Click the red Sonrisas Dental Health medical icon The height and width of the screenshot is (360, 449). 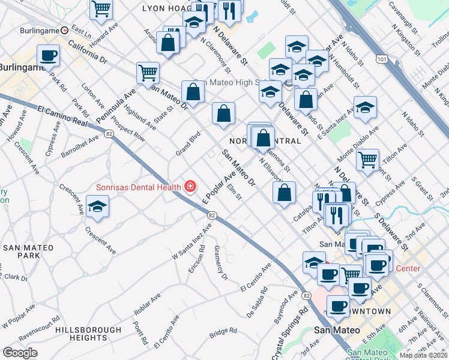(x=190, y=187)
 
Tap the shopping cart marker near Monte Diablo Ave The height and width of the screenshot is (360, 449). (x=367, y=160)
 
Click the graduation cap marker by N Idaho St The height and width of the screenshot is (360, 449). (x=365, y=107)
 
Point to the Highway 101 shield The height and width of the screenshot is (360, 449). (x=381, y=58)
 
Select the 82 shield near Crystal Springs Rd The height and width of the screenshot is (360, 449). (x=307, y=296)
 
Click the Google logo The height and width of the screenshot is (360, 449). (x=20, y=352)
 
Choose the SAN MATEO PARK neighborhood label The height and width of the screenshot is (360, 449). (x=28, y=251)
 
